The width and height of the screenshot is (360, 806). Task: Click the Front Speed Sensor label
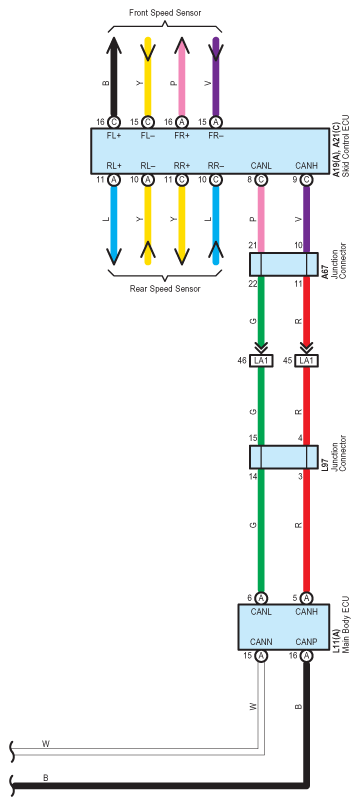pyautogui.click(x=165, y=13)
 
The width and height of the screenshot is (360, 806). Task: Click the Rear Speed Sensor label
pyautogui.click(x=165, y=289)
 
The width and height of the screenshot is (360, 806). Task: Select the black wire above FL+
pyautogui.click(x=114, y=77)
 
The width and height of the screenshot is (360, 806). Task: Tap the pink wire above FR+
pyautogui.click(x=182, y=77)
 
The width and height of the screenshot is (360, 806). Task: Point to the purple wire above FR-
pyautogui.click(x=216, y=77)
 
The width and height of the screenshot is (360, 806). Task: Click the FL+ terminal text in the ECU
pyautogui.click(x=114, y=137)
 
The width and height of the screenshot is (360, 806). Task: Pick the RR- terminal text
pyautogui.click(x=216, y=166)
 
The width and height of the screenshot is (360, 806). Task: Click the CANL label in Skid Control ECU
pyautogui.click(x=261, y=166)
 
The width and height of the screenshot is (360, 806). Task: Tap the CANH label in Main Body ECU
pyautogui.click(x=307, y=612)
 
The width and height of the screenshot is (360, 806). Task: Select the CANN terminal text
pyautogui.click(x=261, y=642)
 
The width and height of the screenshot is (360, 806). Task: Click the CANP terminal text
pyautogui.click(x=307, y=642)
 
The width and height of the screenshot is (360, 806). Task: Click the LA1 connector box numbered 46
pyautogui.click(x=261, y=361)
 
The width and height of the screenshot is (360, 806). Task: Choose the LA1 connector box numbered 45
pyautogui.click(x=307, y=361)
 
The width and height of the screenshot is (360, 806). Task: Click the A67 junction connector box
pyautogui.click(x=284, y=264)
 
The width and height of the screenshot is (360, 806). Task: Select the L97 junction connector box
pyautogui.click(x=284, y=457)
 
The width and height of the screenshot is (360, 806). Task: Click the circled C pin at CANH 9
pyautogui.click(x=307, y=180)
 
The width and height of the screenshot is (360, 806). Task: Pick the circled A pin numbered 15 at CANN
pyautogui.click(x=261, y=656)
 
